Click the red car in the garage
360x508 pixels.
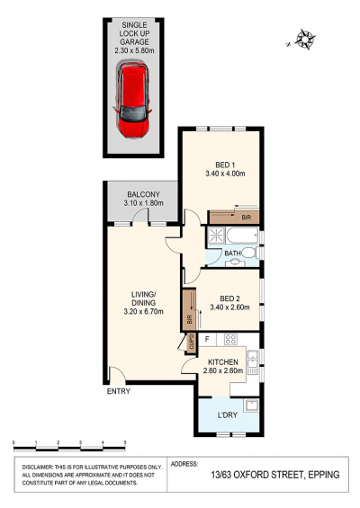pos(133,100)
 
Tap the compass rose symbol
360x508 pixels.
pos(305,40)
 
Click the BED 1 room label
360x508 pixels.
pos(225,165)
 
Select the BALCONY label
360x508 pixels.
pos(143,194)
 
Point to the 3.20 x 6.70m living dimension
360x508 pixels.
pos(143,312)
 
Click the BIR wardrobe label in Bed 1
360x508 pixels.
pos(247,218)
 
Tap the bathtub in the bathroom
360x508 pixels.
pos(242,236)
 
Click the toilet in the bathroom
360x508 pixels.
pos(249,253)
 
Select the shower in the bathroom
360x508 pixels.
pos(215,235)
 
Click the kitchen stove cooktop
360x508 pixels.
pos(231,339)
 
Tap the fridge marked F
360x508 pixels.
pos(207,340)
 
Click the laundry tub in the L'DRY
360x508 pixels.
pos(251,405)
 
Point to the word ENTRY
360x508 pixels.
pos(119,391)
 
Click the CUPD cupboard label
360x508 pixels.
pos(192,343)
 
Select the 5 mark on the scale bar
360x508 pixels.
pos(125,442)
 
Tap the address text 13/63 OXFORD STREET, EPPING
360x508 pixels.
pos(275,475)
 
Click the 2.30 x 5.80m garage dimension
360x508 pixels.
pos(134,50)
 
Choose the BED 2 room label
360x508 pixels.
pos(229,299)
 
